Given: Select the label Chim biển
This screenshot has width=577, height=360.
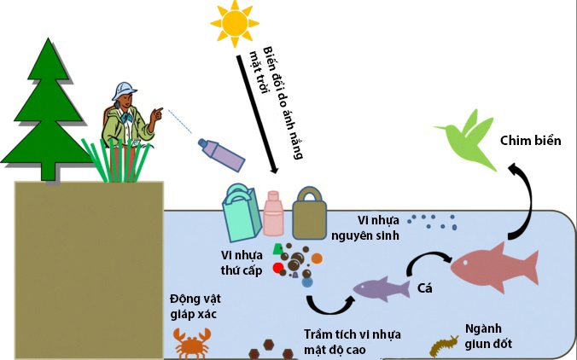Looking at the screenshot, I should click(529, 140).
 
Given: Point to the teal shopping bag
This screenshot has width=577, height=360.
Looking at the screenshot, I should click(240, 214).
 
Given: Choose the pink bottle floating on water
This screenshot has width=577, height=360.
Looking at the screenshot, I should click(273, 213).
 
